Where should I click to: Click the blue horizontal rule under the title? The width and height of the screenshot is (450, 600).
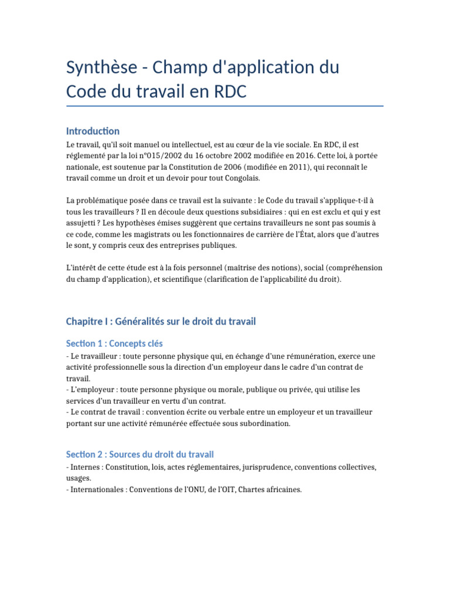click(225, 106)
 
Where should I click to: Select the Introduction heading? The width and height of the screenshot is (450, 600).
click(93, 131)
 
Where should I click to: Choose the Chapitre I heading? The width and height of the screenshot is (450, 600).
click(161, 321)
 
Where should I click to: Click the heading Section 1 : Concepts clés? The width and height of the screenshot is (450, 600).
click(114, 343)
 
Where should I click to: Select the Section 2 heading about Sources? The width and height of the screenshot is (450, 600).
click(139, 454)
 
